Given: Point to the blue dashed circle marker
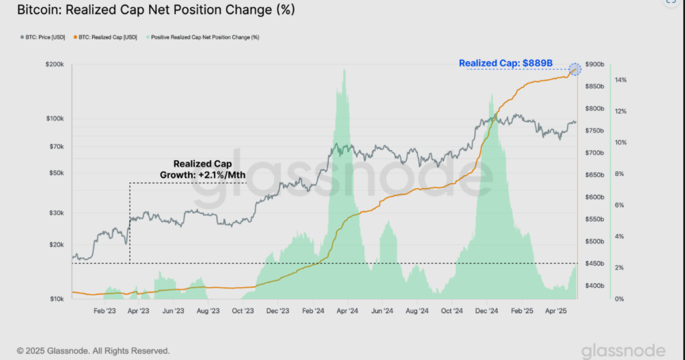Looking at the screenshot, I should [x=574, y=69].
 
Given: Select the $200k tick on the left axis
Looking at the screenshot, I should [x=55, y=66].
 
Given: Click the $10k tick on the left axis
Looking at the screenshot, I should [x=56, y=298].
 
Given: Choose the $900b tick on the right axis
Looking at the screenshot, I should [x=594, y=64].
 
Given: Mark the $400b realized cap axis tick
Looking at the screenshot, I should [x=594, y=286].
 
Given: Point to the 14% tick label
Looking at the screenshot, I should [x=620, y=80].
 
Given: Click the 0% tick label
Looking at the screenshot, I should [x=619, y=298].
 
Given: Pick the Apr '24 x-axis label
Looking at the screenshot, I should [x=347, y=311].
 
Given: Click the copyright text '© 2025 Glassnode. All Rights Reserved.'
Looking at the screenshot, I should [x=93, y=351].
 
